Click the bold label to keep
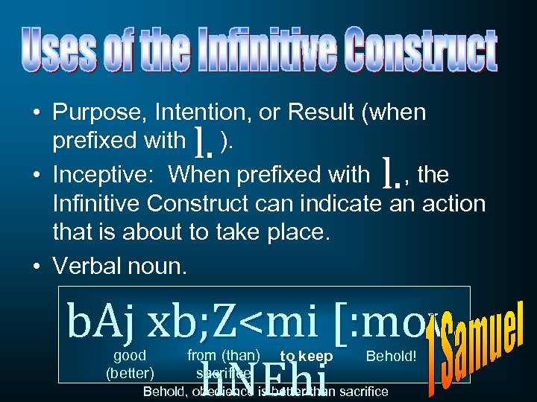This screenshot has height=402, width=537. click(x=307, y=357)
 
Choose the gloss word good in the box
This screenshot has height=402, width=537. click(x=130, y=355)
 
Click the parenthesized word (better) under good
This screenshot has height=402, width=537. click(x=130, y=371)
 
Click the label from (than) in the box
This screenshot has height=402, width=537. click(x=224, y=355)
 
